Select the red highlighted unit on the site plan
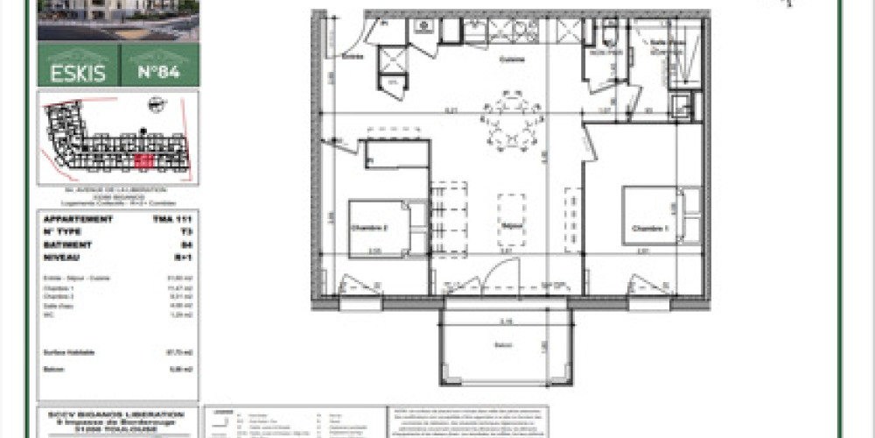coord(145,159)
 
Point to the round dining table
coord(509,123)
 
